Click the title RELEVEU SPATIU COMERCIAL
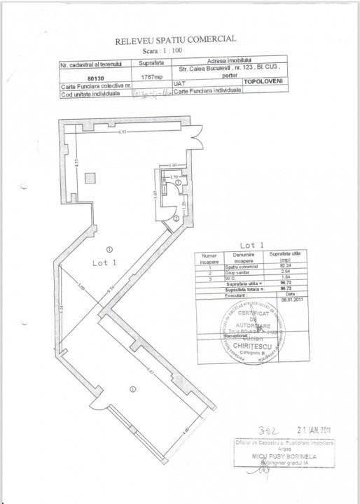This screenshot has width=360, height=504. [180, 41]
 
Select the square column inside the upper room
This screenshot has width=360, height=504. [90, 178]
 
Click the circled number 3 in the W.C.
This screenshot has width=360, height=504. [178, 181]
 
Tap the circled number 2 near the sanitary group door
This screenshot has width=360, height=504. [176, 218]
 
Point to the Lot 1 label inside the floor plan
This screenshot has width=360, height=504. [84, 262]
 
